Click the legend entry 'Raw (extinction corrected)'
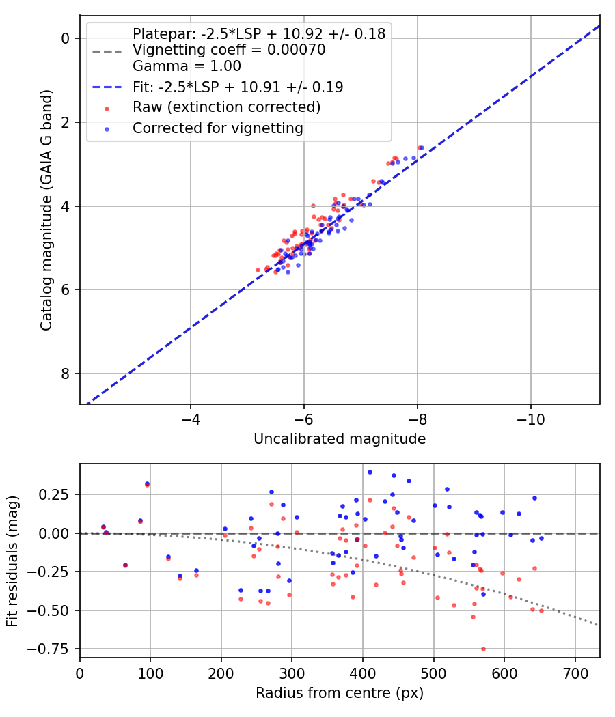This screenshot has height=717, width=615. pyautogui.click(x=226, y=107)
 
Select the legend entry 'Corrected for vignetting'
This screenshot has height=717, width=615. pyautogui.click(x=218, y=128)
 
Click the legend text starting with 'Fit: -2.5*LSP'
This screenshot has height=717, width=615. pyautogui.click(x=238, y=87)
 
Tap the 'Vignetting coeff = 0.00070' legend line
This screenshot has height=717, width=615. pyautogui.click(x=229, y=50)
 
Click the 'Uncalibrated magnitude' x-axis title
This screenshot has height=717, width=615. pyautogui.click(x=340, y=439)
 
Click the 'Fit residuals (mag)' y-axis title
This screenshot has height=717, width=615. pyautogui.click(x=12, y=560)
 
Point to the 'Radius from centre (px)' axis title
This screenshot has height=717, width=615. pyautogui.click(x=340, y=693)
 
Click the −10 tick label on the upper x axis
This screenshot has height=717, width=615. pyautogui.click(x=531, y=419)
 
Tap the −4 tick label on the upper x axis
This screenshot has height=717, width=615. pyautogui.click(x=190, y=419)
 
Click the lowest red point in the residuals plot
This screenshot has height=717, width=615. pyautogui.click(x=483, y=649)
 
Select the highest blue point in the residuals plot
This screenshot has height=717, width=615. pyautogui.click(x=370, y=472)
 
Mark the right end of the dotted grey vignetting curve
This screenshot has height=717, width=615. pyautogui.click(x=599, y=625)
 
